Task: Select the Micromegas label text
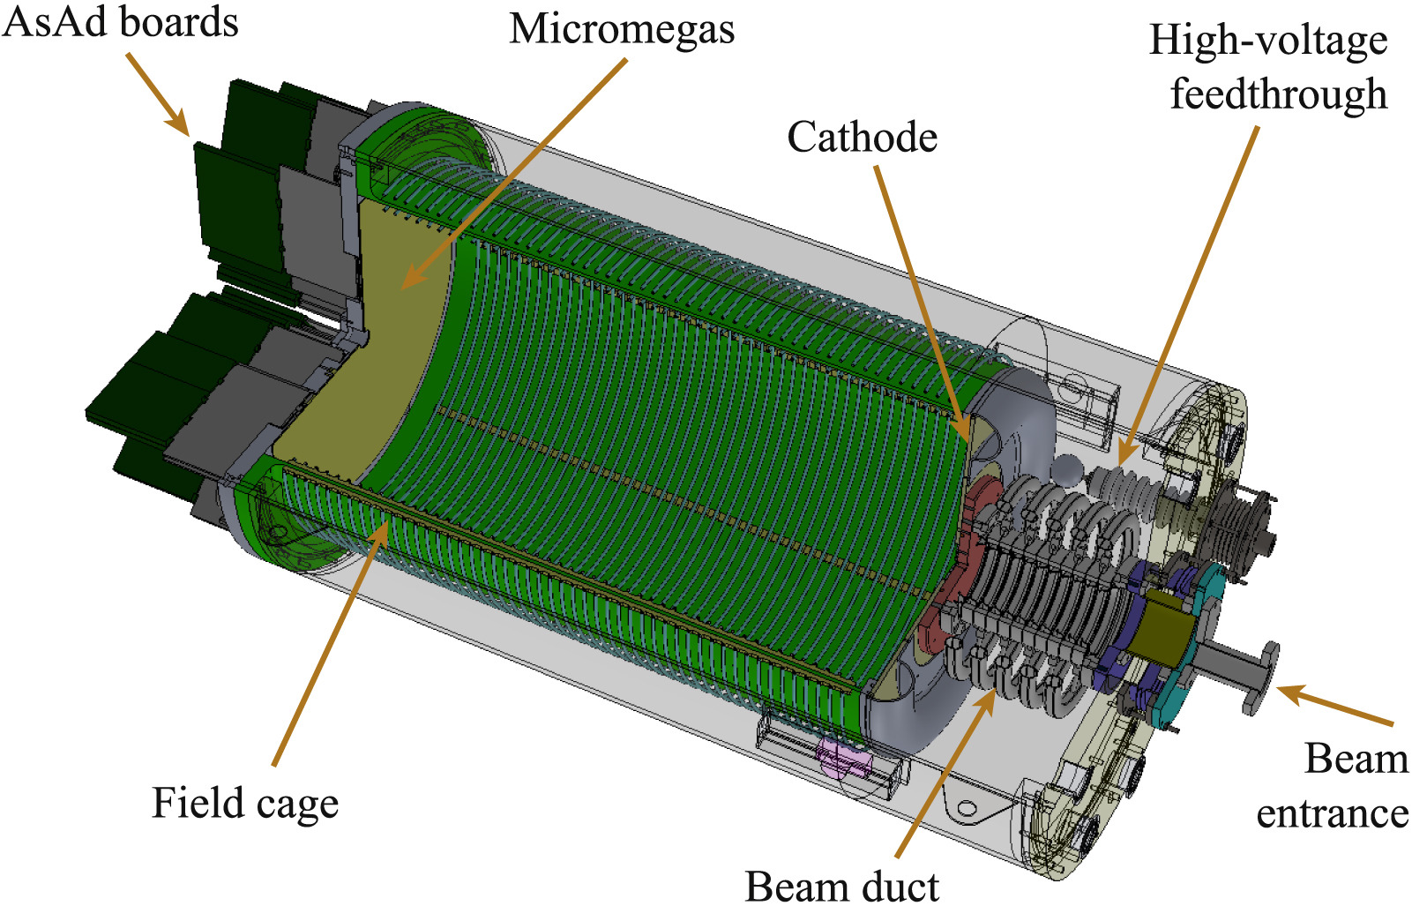click(x=622, y=29)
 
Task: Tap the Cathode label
click(x=863, y=137)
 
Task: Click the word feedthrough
click(x=1279, y=94)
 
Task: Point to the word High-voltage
click(x=1268, y=41)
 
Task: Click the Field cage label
click(x=245, y=804)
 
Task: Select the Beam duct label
click(x=842, y=886)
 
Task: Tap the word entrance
click(x=1332, y=813)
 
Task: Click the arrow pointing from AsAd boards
click(x=158, y=94)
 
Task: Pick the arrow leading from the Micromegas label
click(x=514, y=175)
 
